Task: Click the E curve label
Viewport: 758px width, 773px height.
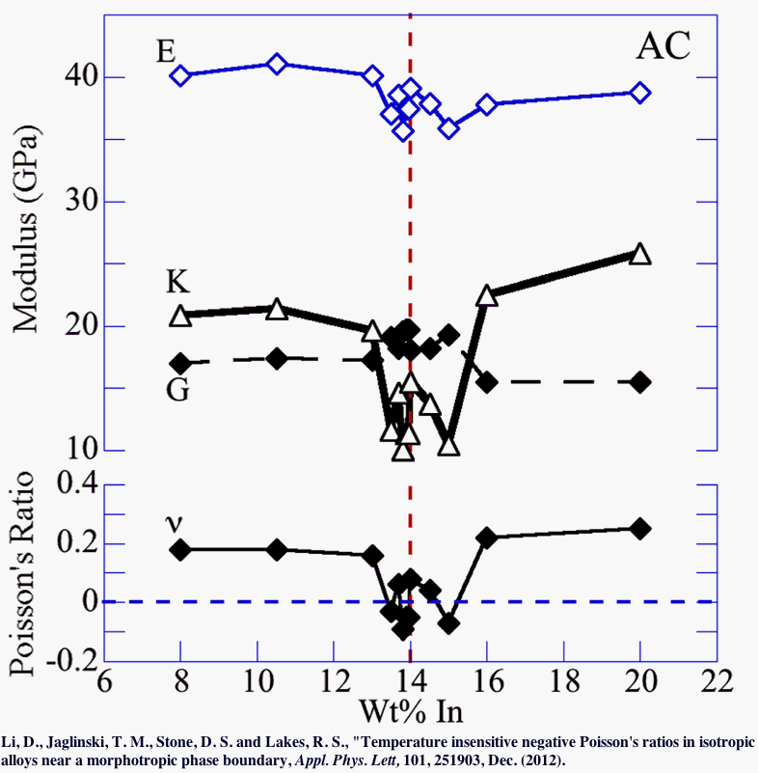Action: (167, 50)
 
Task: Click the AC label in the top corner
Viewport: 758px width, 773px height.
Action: (663, 45)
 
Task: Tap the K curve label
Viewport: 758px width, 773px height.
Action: (177, 283)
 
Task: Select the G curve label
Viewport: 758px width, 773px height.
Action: (177, 391)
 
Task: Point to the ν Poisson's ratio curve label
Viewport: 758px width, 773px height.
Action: (176, 524)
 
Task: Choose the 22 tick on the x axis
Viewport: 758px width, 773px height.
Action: (715, 687)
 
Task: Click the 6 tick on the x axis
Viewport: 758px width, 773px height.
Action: (103, 687)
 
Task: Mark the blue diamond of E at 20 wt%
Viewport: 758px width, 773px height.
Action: (639, 93)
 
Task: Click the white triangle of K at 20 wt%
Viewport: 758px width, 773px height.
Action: (639, 255)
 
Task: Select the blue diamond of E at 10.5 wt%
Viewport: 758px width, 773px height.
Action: (277, 64)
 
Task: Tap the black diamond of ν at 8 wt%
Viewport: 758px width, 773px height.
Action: (180, 549)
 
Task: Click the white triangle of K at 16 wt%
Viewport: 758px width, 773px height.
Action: (487, 296)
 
